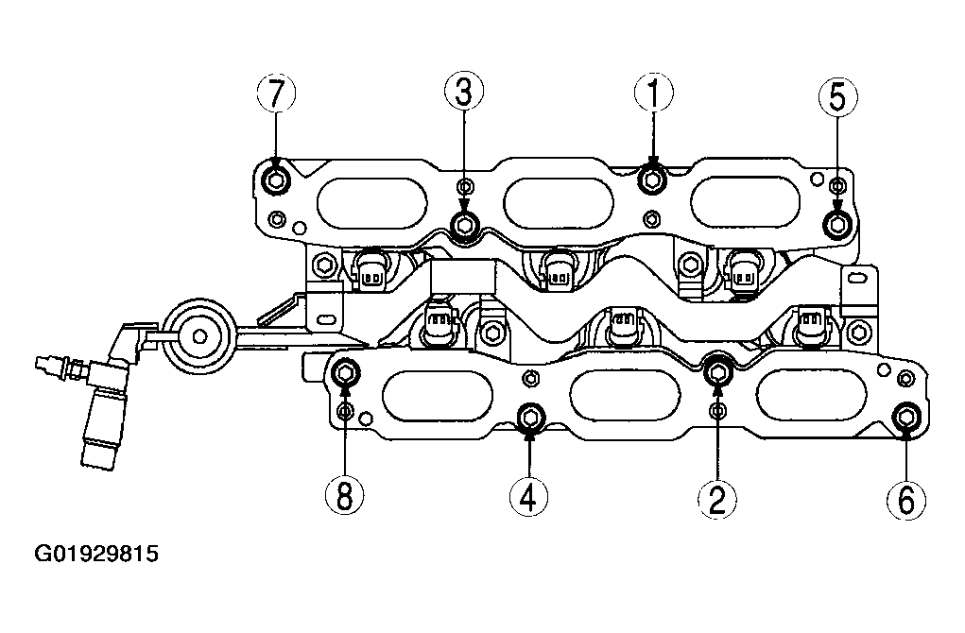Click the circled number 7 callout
click(276, 94)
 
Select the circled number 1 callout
click(654, 94)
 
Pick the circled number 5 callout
click(838, 97)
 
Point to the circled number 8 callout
click(345, 494)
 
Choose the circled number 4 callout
click(528, 496)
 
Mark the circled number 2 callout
click(717, 498)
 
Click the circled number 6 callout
click(906, 499)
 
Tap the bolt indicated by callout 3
click(464, 225)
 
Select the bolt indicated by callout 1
click(652, 179)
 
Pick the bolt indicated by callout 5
click(837, 224)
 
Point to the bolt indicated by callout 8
click(345, 373)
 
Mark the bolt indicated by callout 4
click(530, 418)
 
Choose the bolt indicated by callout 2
click(717, 371)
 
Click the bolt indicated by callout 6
click(905, 417)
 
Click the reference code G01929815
click(96, 554)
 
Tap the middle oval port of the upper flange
click(559, 202)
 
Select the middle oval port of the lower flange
click(625, 396)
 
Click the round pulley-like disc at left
click(198, 336)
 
